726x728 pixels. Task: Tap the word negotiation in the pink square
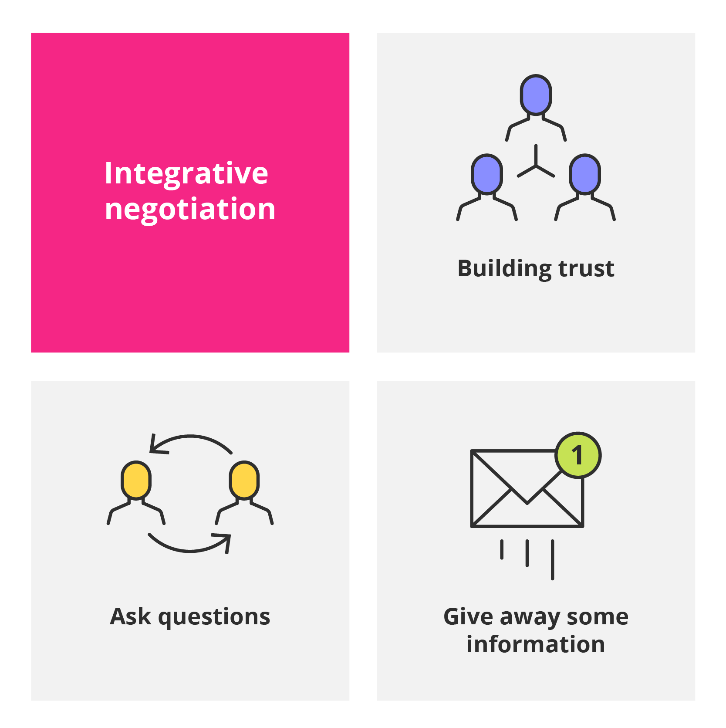click(190, 209)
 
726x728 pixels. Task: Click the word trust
click(586, 268)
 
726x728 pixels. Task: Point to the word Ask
click(131, 616)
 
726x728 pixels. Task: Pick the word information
click(536, 644)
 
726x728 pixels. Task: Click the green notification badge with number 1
click(578, 455)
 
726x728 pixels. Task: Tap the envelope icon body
click(527, 488)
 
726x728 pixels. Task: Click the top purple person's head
click(536, 95)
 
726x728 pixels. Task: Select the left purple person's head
click(487, 174)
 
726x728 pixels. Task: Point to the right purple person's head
click(585, 174)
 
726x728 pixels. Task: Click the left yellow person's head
click(136, 480)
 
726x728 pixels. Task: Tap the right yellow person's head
click(244, 480)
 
